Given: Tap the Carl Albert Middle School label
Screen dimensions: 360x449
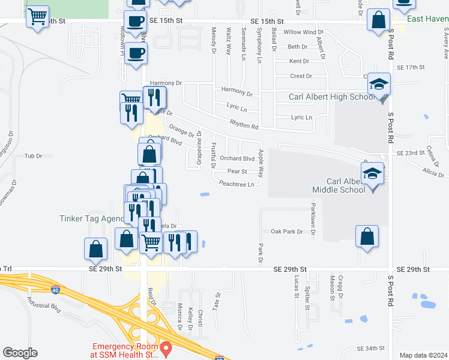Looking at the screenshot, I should [x=339, y=185].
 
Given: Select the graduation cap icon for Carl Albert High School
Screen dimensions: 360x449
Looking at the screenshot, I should [x=379, y=84].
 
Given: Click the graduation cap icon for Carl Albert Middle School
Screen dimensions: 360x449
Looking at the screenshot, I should [x=373, y=173].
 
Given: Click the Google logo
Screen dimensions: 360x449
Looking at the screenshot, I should [x=20, y=353].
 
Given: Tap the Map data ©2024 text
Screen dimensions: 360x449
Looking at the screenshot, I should [x=423, y=355].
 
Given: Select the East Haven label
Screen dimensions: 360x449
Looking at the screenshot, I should [x=427, y=19].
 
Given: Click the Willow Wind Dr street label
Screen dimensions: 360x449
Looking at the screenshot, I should [x=303, y=32].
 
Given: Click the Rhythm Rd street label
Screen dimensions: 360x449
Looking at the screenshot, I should [x=243, y=126].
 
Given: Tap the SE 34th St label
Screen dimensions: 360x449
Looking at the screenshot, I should [x=370, y=349].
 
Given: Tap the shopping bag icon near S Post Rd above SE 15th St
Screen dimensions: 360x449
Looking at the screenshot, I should [x=379, y=21].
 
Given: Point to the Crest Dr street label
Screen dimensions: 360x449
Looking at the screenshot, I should [x=301, y=76].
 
